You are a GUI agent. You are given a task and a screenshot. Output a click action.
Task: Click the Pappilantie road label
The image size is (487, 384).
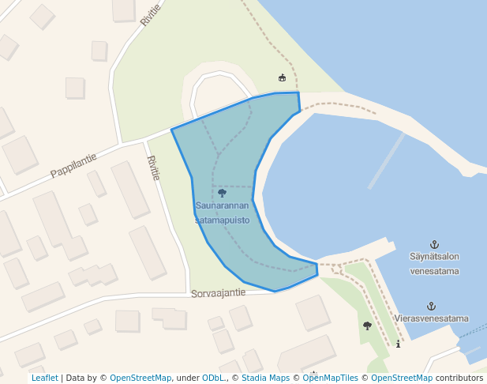tap(73, 164)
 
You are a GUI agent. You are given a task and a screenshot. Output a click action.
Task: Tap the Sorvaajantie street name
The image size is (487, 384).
tap(218, 292)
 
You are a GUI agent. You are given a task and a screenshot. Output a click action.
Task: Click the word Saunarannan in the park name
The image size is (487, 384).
tap(222, 206)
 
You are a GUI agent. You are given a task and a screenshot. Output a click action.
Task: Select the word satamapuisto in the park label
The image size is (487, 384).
tap(222, 220)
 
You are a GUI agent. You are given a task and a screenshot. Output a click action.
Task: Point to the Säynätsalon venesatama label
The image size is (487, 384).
tap(434, 263)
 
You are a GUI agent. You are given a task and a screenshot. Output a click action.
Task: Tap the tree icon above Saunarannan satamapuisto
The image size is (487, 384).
tap(222, 192)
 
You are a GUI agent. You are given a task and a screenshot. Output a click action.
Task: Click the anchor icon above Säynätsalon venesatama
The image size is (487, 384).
tap(433, 244)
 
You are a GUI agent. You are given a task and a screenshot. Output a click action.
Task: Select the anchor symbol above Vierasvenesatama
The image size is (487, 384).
tap(431, 306)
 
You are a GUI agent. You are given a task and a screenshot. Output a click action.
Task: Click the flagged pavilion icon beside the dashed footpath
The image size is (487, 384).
tap(282, 77)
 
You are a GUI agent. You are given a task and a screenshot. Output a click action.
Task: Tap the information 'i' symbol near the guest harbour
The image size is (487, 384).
tap(399, 344)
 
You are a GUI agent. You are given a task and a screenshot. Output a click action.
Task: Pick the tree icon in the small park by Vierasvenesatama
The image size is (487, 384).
tap(367, 326)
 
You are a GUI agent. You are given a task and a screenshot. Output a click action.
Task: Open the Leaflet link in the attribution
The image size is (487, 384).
tap(45, 378)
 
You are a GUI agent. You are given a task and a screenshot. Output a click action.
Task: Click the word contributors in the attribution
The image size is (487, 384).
tap(459, 378)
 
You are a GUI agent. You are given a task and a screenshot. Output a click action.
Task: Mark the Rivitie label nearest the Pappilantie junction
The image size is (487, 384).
tap(153, 168)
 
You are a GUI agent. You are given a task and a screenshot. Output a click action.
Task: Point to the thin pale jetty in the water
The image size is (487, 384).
tap(387, 160)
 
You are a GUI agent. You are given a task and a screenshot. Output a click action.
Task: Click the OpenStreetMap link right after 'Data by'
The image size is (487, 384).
tap(140, 378)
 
